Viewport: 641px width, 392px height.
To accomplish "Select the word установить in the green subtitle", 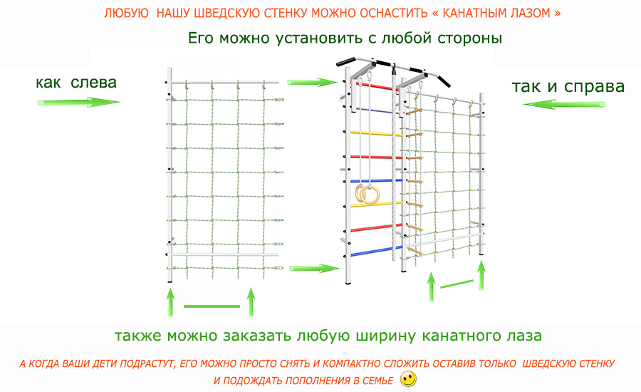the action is [319, 38].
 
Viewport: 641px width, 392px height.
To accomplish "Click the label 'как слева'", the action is [76, 83].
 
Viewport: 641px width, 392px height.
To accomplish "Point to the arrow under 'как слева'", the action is [79, 103].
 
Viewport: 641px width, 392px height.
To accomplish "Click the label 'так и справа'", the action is [568, 87].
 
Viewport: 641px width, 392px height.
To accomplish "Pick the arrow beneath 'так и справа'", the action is [564, 104].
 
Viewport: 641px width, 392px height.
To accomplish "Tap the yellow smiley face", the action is [408, 379].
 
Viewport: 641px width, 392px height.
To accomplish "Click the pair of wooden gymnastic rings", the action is [368, 194].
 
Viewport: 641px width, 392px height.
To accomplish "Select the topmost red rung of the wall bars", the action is [376, 86].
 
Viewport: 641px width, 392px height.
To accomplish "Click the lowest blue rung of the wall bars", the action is [375, 252].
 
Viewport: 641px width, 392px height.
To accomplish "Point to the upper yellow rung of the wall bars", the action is [375, 133].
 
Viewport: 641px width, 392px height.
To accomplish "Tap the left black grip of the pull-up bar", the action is [345, 62].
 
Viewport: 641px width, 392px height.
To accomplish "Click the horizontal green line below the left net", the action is [212, 306].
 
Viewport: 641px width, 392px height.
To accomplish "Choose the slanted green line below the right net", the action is [457, 284].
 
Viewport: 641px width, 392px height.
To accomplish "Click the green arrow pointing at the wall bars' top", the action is [313, 82].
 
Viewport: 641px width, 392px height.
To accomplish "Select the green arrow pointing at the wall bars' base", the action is [315, 269].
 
